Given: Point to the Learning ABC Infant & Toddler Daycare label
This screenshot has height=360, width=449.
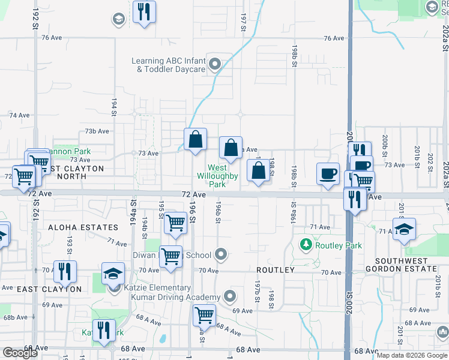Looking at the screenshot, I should click(170, 65).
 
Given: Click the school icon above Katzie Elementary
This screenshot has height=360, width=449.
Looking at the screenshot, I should click(113, 274).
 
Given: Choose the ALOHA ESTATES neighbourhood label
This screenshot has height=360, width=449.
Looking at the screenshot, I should click(83, 228).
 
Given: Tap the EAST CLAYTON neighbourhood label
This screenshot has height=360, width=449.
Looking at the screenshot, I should click(49, 289).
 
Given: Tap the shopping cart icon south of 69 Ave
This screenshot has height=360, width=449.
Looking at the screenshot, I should click(204, 314).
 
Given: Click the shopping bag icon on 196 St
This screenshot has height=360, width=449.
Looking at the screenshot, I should click(196, 140).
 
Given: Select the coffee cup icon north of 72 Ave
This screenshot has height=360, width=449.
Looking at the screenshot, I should click(328, 173).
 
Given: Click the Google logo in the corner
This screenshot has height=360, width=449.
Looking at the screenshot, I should click(20, 353).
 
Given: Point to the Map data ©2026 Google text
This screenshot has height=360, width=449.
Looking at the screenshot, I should click(412, 356).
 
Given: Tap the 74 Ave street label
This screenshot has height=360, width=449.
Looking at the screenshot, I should click(19, 115).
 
